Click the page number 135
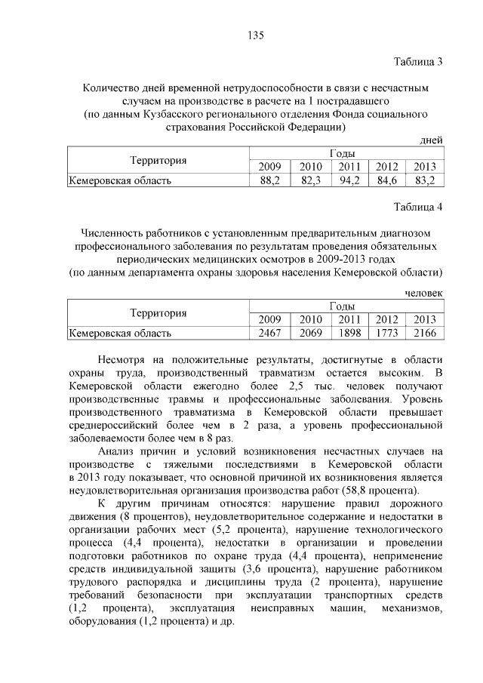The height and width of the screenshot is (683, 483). (x=255, y=35)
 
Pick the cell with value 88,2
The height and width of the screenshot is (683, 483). (x=269, y=180)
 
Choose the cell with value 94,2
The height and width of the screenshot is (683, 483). (x=348, y=180)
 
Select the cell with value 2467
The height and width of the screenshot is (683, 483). (x=269, y=332)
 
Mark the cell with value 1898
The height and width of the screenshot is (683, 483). (x=348, y=332)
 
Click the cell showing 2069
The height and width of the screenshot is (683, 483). (x=309, y=332)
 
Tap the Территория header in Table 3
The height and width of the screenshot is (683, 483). (x=158, y=160)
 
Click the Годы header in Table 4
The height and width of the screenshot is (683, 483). (x=347, y=306)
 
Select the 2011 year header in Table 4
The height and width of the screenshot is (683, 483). (x=348, y=318)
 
